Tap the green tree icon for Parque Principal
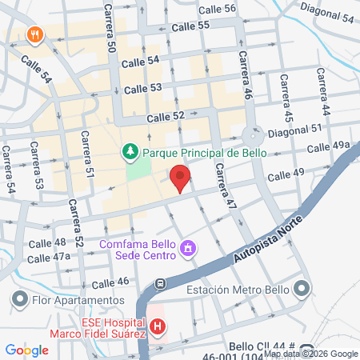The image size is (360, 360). click(130, 150)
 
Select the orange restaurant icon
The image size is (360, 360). click(34, 35)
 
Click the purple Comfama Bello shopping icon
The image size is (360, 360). click(187, 248)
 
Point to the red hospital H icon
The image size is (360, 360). click(158, 326)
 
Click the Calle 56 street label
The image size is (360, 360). click(217, 9)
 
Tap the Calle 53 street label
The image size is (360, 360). click(143, 88)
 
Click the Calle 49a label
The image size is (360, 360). click(329, 145)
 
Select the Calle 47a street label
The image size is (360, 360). click(49, 258)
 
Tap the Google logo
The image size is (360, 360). click(26, 350)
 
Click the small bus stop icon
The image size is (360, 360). click(161, 283)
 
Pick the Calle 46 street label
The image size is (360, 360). click(110, 282)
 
